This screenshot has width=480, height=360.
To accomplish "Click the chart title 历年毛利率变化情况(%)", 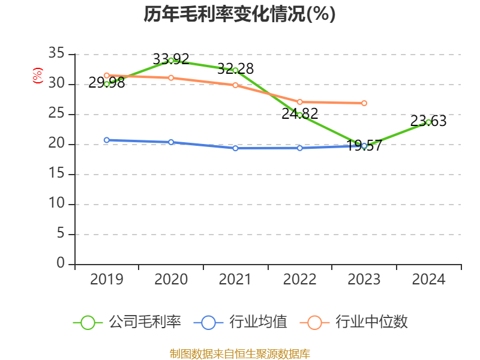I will click(x=239, y=14).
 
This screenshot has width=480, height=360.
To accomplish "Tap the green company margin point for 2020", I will click(x=171, y=60).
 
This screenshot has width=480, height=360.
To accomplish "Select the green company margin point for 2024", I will click(x=428, y=122).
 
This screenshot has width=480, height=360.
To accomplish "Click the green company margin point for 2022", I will click(x=299, y=115).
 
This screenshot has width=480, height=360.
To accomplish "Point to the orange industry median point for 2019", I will click(x=106, y=76).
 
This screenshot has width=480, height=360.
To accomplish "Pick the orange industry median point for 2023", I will click(x=364, y=103).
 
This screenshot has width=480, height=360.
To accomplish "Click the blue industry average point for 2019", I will click(x=106, y=140).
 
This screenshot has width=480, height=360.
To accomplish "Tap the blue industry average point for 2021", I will click(x=235, y=148).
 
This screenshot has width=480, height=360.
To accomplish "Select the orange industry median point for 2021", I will click(x=235, y=85).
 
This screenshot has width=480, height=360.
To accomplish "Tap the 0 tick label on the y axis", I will click(x=60, y=264).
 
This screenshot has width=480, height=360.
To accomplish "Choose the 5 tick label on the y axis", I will click(x=60, y=234).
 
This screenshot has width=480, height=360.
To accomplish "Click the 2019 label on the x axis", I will click(x=106, y=280).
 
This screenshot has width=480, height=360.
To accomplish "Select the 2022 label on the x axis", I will click(x=299, y=280).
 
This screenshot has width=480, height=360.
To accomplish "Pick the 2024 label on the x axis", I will click(x=428, y=280).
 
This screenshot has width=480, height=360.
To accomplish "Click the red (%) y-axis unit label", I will click(x=38, y=76).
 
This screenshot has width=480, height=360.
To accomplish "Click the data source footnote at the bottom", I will click(x=239, y=353).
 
